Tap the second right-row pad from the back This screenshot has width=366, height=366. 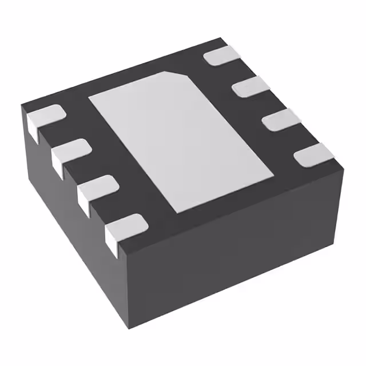(250, 86)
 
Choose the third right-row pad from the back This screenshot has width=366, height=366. (281, 119)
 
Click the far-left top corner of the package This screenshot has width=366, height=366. (22, 105)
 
